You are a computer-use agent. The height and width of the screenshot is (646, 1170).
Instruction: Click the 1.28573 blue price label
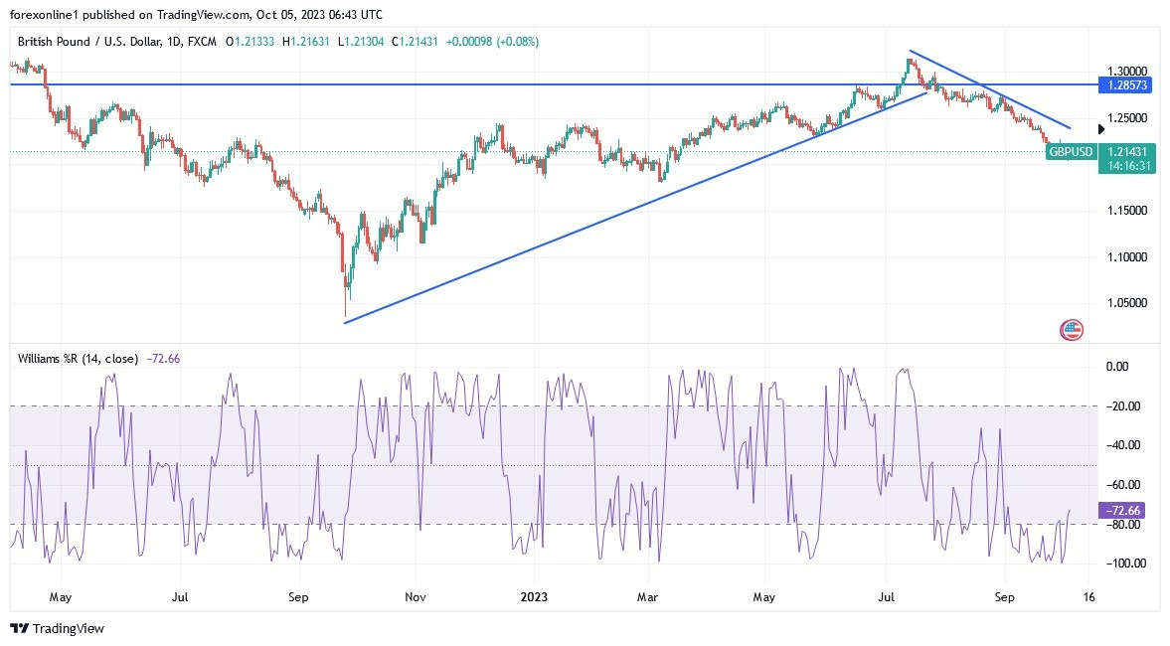(1127, 86)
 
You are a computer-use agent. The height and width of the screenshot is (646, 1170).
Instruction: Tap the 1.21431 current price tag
(1127, 152)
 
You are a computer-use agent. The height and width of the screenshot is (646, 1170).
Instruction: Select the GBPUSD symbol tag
(1071, 152)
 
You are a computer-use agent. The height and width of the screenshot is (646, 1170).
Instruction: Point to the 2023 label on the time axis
(533, 598)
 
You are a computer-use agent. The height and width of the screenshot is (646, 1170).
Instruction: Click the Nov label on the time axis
(416, 598)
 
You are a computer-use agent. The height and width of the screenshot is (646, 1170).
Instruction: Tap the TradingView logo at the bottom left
(57, 629)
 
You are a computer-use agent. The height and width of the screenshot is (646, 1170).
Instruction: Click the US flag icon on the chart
(1072, 330)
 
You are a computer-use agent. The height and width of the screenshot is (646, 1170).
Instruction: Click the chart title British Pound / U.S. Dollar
(92, 42)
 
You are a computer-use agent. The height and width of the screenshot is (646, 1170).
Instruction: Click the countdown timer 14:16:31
(1127, 166)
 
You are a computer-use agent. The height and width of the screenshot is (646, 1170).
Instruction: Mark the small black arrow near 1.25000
(1101, 129)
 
